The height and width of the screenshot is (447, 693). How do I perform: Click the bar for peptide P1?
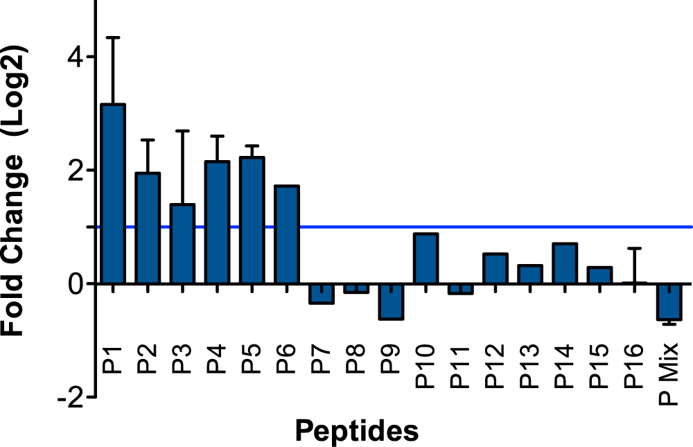click(113, 194)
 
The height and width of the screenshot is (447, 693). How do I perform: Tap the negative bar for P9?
click(392, 302)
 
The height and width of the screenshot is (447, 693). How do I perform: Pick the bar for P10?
click(426, 258)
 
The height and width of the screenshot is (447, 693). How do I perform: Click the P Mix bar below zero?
click(669, 302)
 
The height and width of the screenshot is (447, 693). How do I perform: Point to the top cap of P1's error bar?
click(113, 37)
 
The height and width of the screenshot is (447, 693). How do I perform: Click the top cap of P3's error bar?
click(182, 130)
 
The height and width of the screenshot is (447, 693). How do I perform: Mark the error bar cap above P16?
click(635, 247)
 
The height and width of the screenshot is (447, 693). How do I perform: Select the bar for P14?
click(565, 263)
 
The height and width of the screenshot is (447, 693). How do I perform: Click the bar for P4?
click(217, 222)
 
